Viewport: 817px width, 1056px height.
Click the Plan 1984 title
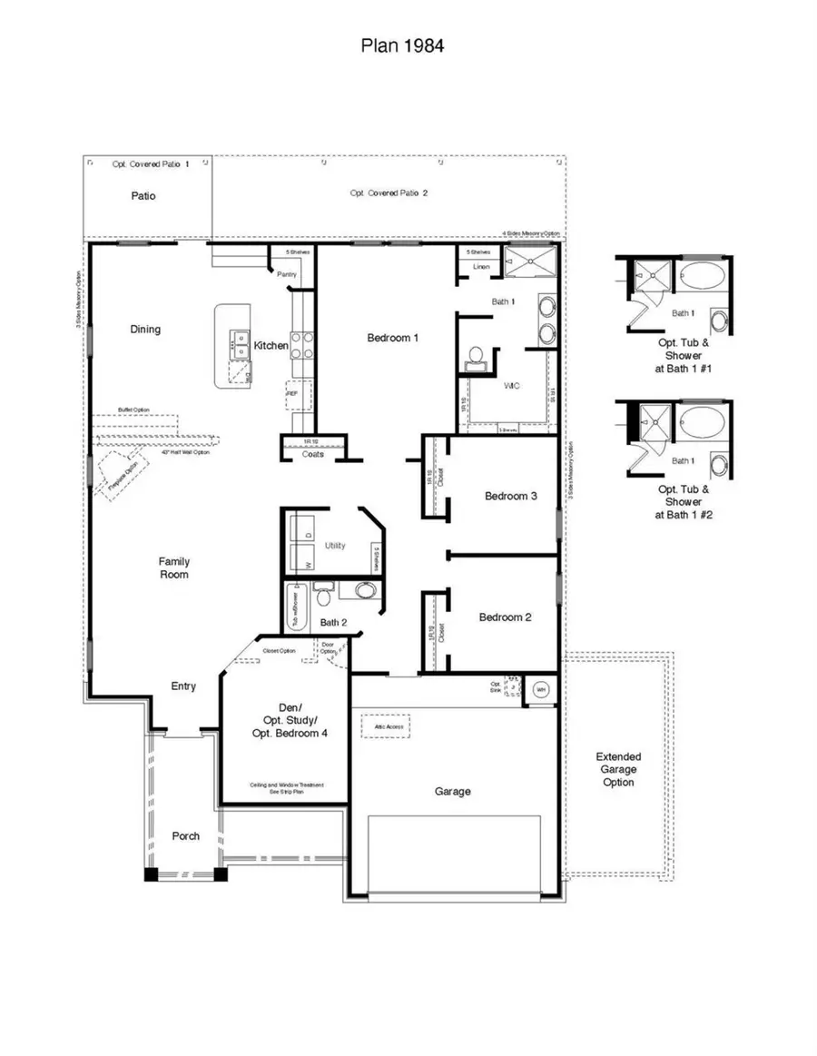[402, 45]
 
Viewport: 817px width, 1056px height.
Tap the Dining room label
[145, 330]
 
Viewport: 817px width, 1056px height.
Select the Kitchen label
[271, 345]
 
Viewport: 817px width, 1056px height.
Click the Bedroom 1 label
[392, 338]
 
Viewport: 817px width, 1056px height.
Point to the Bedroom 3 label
[510, 496]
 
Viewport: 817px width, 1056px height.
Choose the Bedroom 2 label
[505, 617]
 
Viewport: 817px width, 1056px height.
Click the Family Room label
[173, 567]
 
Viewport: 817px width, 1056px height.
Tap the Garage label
[452, 791]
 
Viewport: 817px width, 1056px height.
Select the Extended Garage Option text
[618, 769]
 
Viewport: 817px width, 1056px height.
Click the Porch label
[186, 836]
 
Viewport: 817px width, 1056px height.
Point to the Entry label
[183, 686]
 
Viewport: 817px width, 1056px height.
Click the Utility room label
[335, 546]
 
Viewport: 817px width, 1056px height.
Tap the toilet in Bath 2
[324, 595]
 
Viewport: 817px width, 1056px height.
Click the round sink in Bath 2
[364, 591]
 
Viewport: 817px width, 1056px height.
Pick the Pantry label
[287, 273]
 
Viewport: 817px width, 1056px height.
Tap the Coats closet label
[312, 455]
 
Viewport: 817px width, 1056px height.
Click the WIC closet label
[511, 385]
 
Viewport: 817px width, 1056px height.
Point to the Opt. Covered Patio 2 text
[389, 192]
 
